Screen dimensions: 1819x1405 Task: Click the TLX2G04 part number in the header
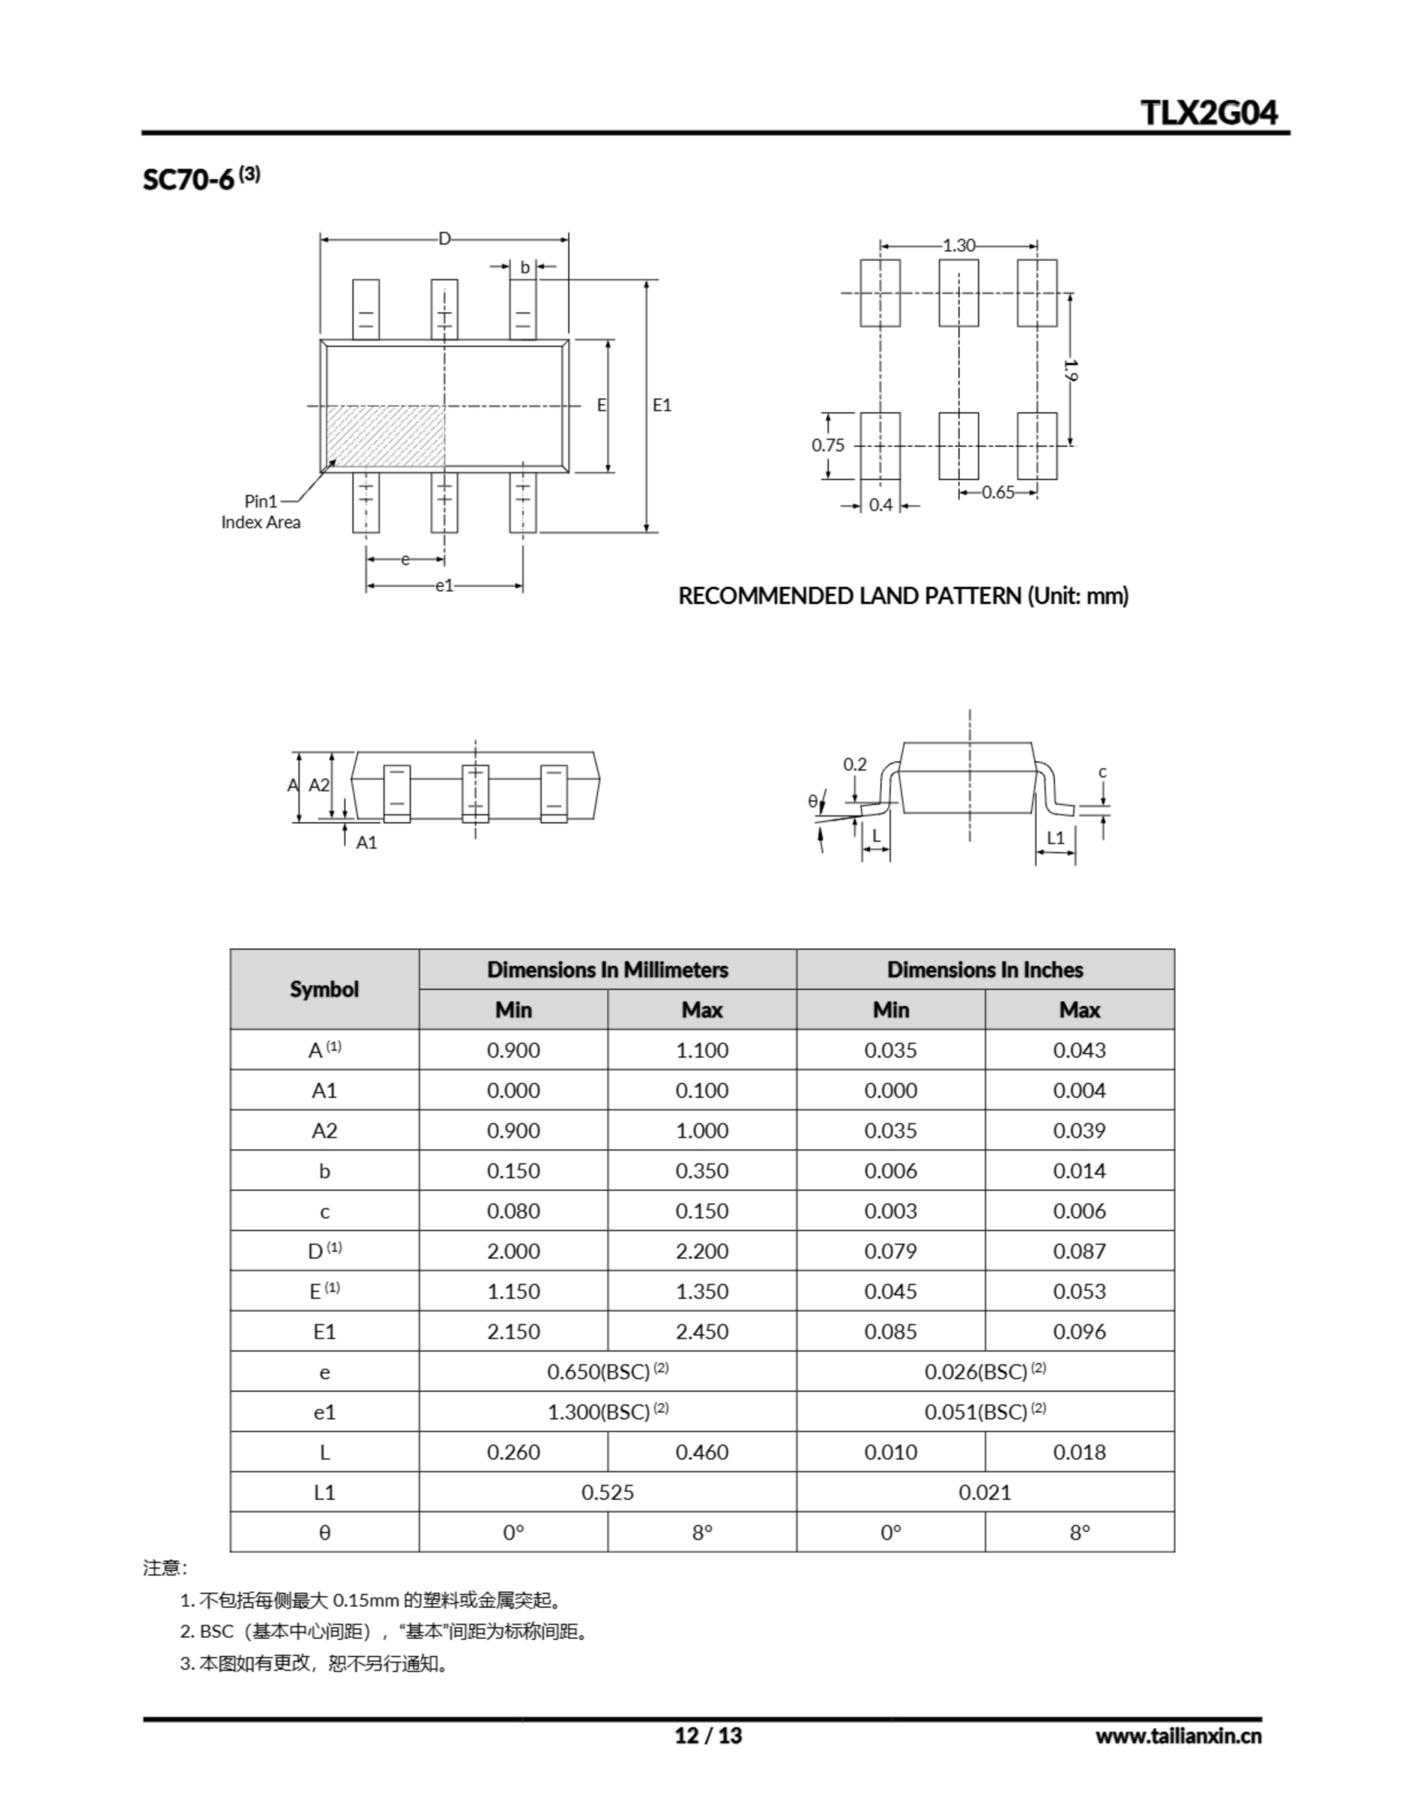(1208, 112)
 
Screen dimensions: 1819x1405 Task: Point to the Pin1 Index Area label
(261, 512)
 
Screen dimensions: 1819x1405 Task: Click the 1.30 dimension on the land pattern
(959, 246)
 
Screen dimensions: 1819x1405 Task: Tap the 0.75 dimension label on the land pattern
(828, 445)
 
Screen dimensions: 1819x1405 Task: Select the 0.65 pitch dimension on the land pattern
(998, 492)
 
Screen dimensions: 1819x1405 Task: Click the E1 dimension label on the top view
(662, 406)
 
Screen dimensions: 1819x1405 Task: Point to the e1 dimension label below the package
(444, 586)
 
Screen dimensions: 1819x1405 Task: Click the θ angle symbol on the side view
(812, 801)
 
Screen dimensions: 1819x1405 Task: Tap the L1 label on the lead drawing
(1056, 837)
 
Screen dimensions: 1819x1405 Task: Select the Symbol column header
(324, 990)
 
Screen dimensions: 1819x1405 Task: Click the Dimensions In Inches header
(984, 969)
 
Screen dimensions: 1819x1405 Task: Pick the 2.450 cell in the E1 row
(701, 1332)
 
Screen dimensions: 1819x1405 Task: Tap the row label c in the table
(324, 1211)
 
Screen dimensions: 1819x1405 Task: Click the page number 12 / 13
(708, 1736)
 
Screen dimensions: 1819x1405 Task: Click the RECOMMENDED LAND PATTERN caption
(903, 596)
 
